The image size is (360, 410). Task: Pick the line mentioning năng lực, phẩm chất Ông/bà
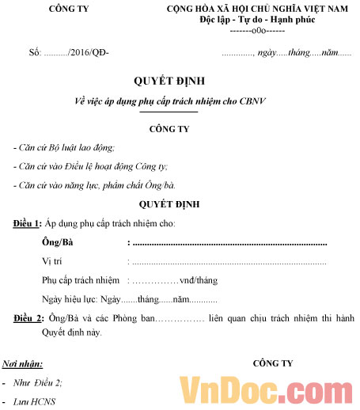click(94, 185)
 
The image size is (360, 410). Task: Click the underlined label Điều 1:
click(28, 224)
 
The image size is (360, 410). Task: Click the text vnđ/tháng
click(198, 280)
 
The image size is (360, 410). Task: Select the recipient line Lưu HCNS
click(36, 402)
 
